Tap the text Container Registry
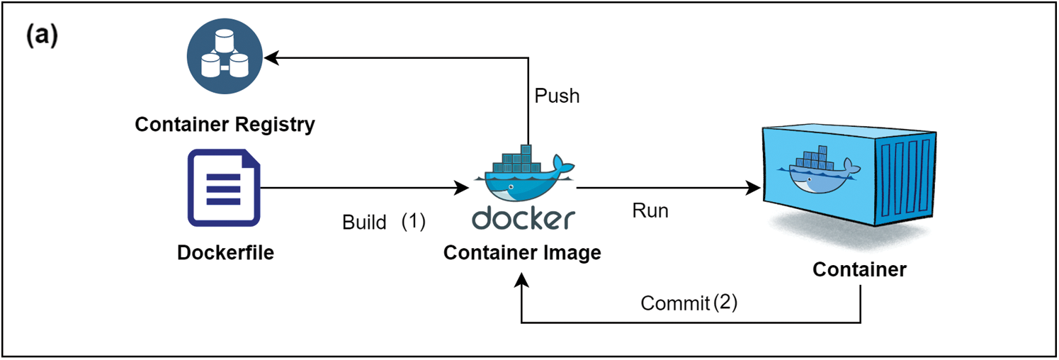coord(225,125)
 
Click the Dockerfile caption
coord(225,252)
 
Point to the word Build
coord(364,223)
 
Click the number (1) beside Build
coord(413,222)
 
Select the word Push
coord(557,96)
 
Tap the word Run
coord(650,211)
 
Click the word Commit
coord(675,303)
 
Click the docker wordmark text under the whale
coord(522,219)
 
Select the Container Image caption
coord(522,253)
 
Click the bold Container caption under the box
coord(859,270)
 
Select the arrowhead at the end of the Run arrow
coord(754,189)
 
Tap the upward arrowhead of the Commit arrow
coord(521,281)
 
